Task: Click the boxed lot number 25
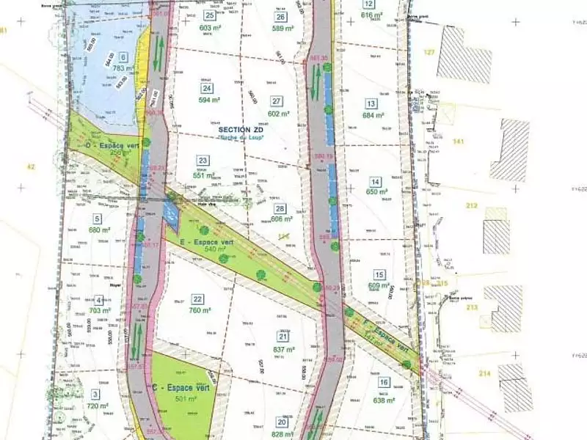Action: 211,15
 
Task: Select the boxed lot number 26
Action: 280,16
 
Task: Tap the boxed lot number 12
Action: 368,4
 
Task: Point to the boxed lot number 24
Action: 207,88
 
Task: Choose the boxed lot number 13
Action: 371,103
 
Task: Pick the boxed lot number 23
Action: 203,161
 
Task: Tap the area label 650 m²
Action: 376,192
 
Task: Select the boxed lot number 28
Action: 280,208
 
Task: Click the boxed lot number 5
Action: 97,218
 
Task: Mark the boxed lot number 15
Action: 379,274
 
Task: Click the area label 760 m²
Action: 199,309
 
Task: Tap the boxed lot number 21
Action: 282,336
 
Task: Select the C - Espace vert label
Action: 181,387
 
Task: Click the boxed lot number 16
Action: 384,382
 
